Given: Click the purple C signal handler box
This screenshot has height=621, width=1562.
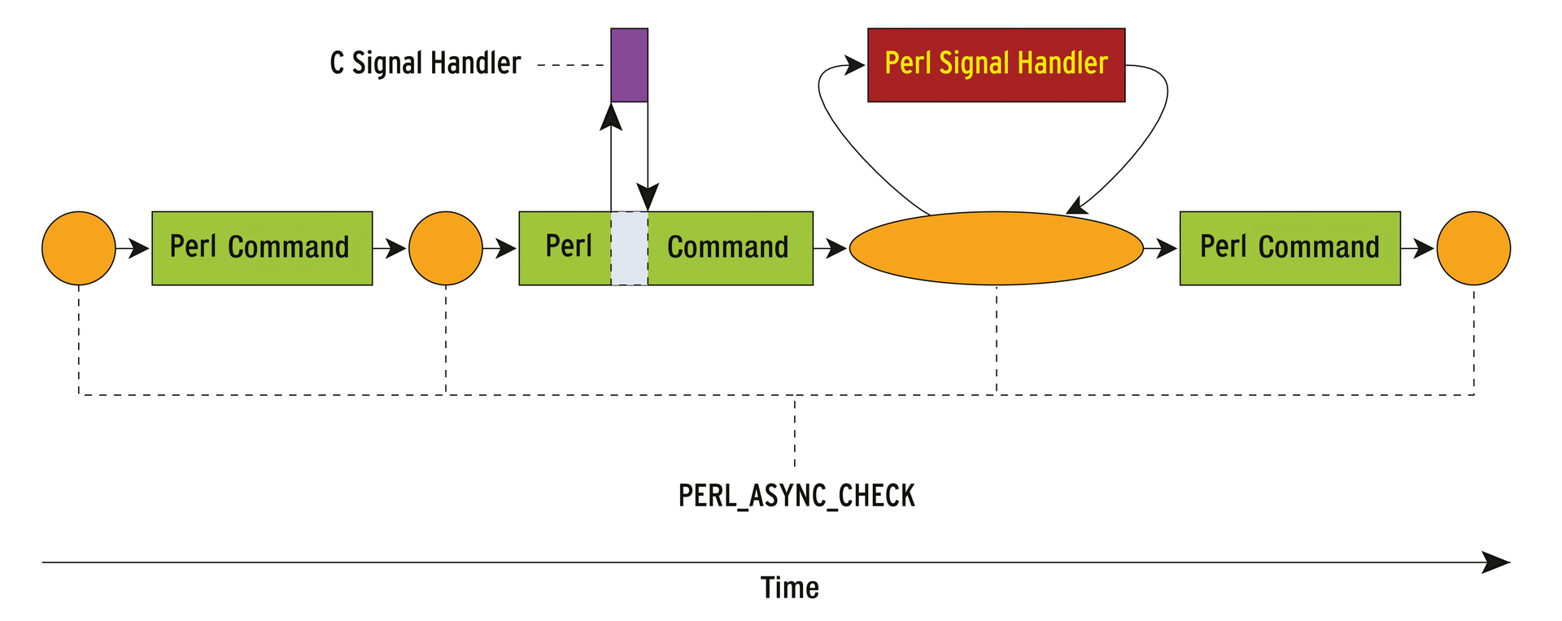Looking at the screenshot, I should pyautogui.click(x=629, y=65).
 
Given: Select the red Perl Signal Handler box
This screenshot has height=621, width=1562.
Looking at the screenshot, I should pyautogui.click(x=996, y=65).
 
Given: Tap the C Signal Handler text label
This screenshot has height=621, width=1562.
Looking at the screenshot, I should pyautogui.click(x=425, y=63).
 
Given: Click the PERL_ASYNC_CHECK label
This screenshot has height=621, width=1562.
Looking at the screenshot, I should pyautogui.click(x=796, y=496).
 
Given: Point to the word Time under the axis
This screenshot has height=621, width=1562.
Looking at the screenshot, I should pyautogui.click(x=789, y=588).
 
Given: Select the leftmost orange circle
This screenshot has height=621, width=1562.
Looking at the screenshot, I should pyautogui.click(x=79, y=248).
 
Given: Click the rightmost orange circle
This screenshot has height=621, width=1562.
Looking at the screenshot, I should pyautogui.click(x=1473, y=248).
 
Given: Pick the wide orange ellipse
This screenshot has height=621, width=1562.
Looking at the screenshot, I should pyautogui.click(x=996, y=248).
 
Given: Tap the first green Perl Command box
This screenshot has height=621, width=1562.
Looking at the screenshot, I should pyautogui.click(x=262, y=248).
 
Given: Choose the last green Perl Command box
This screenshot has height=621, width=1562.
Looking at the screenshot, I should pyautogui.click(x=1289, y=248).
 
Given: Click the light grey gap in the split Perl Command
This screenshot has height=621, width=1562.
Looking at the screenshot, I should pyautogui.click(x=629, y=248).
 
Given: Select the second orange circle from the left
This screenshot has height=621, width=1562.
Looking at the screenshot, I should pyautogui.click(x=445, y=248).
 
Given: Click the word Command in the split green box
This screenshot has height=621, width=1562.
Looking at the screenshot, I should pyautogui.click(x=727, y=247).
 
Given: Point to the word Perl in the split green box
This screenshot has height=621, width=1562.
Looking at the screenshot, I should pyautogui.click(x=568, y=246).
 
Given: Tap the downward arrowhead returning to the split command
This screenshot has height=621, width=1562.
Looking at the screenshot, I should pyautogui.click(x=648, y=198).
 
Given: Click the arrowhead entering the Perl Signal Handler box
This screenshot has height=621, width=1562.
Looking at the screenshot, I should pyautogui.click(x=854, y=65).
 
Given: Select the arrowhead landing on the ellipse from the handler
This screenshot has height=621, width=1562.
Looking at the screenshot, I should pyautogui.click(x=1076, y=206).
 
